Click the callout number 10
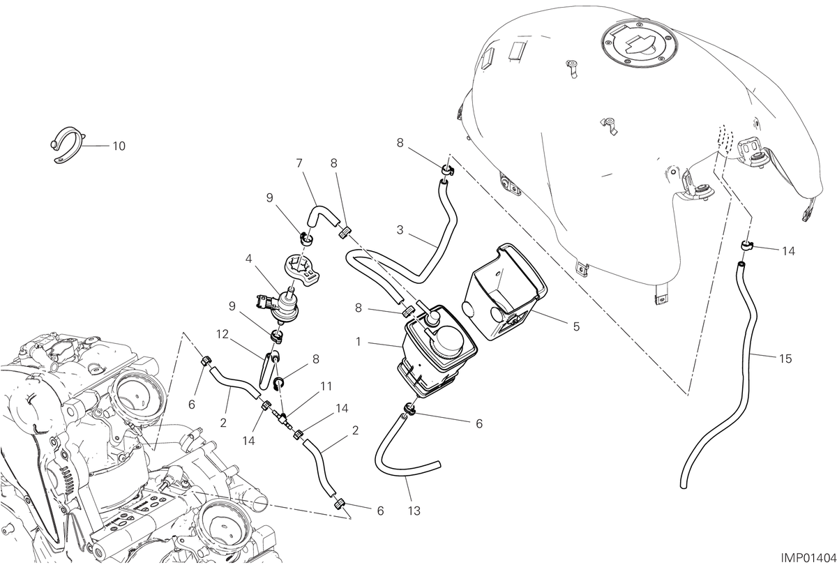click(119, 146)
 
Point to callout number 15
click(786, 359)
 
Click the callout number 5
click(576, 326)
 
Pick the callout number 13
click(414, 511)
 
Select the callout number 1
click(359, 342)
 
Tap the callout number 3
click(400, 229)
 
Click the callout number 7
click(299, 163)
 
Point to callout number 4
click(249, 258)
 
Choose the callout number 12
click(223, 334)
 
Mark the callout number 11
click(326, 386)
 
